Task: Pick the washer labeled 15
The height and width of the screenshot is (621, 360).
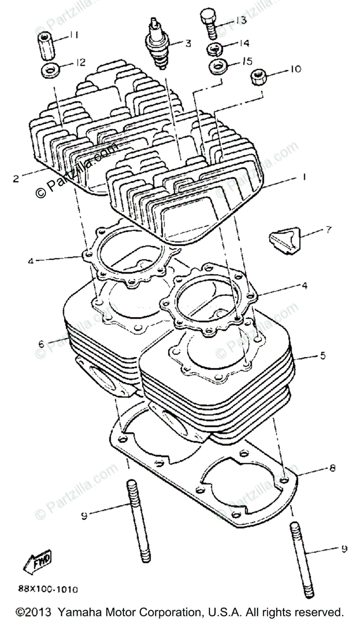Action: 217,66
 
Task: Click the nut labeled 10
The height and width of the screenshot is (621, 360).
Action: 257,78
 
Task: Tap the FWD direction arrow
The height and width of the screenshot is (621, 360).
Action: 38,559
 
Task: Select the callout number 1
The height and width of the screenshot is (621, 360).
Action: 305,178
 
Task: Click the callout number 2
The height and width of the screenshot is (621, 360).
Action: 16,180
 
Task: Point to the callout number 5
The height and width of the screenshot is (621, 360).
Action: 322,356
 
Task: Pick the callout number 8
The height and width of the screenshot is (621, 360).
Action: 331,468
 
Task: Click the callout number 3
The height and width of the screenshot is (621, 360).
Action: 188,43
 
